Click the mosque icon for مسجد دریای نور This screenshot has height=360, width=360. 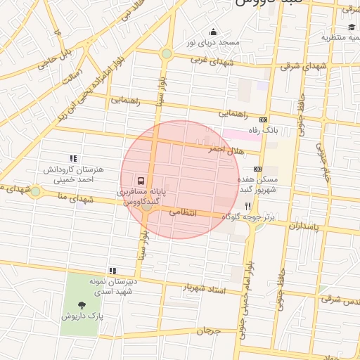coord(214,32)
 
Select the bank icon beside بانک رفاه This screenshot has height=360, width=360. coord(264,120)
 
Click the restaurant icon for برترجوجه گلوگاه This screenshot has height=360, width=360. coord(247,207)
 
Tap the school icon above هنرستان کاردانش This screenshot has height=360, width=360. coord(73,159)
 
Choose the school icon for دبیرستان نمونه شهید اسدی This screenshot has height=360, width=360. coord(112,270)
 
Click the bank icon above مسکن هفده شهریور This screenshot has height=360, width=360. coord(257,169)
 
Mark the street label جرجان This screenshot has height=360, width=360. coord(209,330)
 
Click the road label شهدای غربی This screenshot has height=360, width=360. coord(209,60)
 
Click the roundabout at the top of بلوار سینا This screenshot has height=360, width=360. coord(167,53)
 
